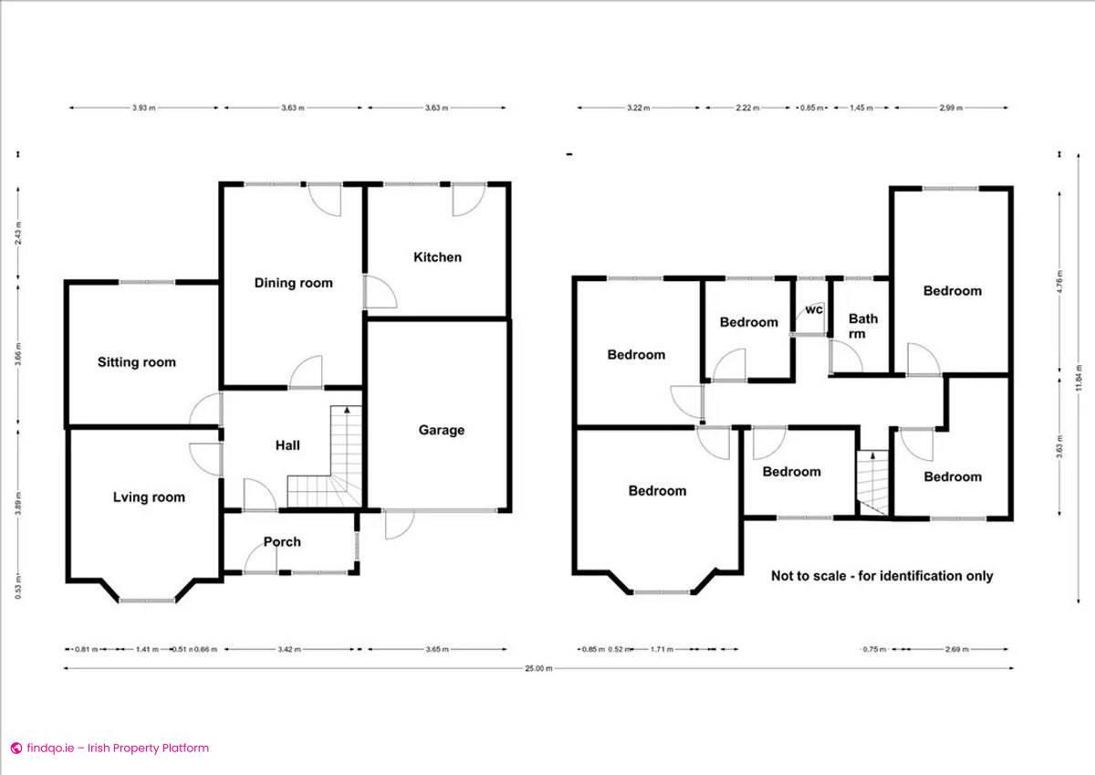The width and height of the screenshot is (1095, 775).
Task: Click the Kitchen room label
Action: click(437, 257)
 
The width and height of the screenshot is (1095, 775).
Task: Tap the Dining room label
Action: click(293, 283)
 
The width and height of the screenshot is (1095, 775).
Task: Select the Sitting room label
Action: click(137, 362)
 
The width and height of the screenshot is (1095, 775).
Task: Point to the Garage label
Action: click(442, 430)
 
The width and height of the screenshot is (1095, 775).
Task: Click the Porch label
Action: click(282, 542)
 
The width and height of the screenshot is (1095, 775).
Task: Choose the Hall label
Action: click(287, 445)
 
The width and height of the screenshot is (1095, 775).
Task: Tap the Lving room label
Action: click(149, 497)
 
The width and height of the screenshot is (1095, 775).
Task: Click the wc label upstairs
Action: click(814, 310)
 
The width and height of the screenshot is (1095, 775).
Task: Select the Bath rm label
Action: click(863, 326)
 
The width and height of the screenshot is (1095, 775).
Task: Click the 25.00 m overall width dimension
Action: click(538, 668)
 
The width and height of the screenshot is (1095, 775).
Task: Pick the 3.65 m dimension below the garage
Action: click(437, 649)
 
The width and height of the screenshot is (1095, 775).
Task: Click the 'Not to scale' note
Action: click(881, 576)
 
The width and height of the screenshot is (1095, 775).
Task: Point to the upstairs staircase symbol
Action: click(873, 484)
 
